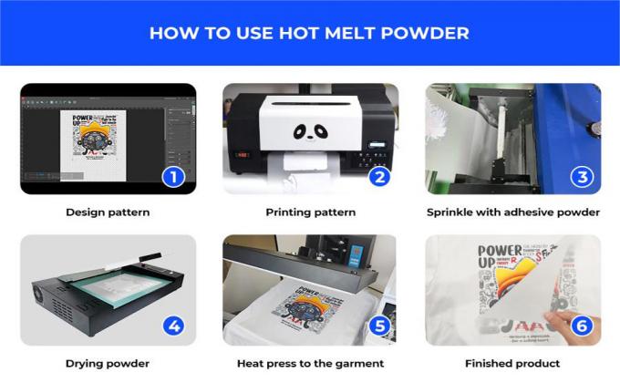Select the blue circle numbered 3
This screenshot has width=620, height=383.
[x=582, y=175]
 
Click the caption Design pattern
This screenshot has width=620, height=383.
[x=108, y=212]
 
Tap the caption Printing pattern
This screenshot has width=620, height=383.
[x=310, y=212]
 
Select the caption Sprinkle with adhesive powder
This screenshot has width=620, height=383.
[x=512, y=212]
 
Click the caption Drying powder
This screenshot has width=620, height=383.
[x=108, y=363]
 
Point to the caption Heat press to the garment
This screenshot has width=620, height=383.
[x=310, y=363]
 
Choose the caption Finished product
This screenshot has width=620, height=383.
[x=512, y=363]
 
